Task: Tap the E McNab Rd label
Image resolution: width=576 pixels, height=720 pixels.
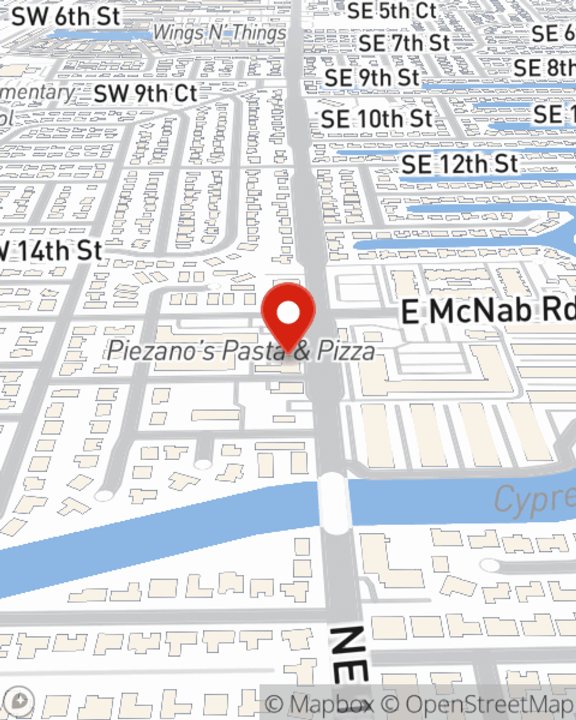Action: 487,312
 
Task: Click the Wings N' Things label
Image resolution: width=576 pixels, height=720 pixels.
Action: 219,33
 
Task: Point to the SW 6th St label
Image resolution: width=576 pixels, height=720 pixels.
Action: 66,17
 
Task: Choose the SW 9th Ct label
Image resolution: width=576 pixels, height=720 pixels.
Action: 145,93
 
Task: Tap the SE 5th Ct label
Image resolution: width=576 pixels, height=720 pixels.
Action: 392,10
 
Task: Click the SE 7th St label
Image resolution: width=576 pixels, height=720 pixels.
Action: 404,43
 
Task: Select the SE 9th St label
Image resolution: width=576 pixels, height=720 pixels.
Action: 372,78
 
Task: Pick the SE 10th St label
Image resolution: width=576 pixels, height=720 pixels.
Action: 377,120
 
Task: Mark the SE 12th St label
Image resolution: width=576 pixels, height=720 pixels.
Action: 460,165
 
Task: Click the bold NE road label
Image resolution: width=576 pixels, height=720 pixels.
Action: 349,654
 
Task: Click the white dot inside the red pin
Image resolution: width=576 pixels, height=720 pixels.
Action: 288,313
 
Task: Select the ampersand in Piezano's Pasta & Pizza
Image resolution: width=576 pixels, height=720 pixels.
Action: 301,351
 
